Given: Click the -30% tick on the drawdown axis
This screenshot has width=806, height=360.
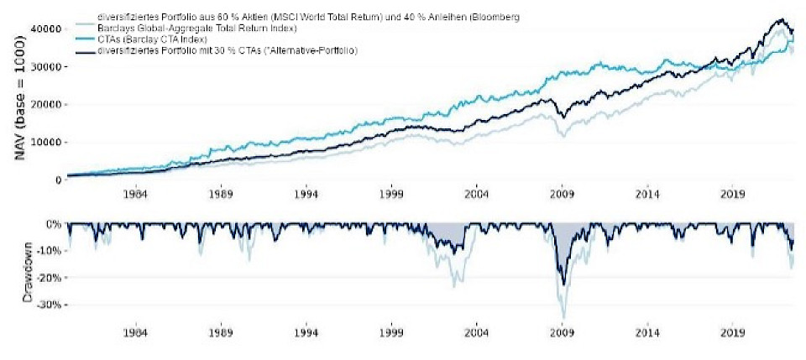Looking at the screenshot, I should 51,305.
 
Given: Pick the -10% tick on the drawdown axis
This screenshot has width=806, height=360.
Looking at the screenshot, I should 51,251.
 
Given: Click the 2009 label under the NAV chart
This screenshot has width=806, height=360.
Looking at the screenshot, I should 563,194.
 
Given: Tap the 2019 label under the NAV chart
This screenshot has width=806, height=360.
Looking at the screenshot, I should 733,194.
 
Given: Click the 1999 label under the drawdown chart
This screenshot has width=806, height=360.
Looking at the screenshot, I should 391,331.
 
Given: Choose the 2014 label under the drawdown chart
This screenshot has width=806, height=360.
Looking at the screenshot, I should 647,331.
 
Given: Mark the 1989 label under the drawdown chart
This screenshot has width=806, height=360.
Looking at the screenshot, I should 221,331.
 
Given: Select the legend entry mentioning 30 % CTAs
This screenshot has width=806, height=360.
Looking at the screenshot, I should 227,51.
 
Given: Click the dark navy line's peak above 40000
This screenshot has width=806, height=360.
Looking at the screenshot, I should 781,19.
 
